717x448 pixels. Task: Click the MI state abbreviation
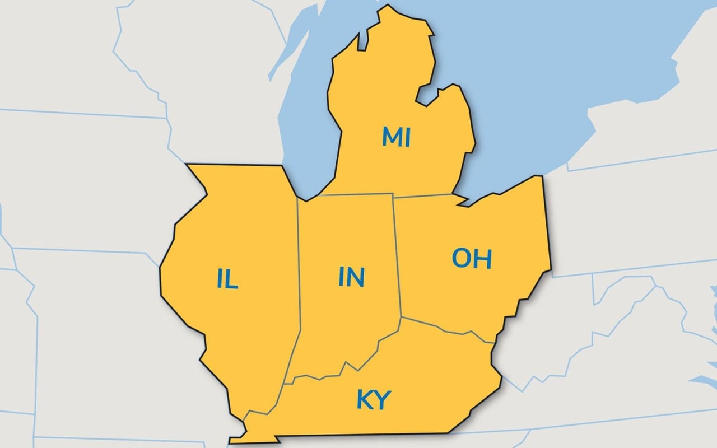(x=396, y=137)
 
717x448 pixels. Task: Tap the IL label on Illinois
(x=227, y=279)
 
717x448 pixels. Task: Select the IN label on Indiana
(x=352, y=277)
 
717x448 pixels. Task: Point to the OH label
(x=472, y=258)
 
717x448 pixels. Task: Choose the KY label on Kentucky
(x=374, y=400)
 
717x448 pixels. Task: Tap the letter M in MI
(x=391, y=137)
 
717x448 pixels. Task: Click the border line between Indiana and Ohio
(x=397, y=258)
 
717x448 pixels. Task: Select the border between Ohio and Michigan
(x=426, y=196)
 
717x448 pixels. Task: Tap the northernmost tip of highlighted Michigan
(x=386, y=7)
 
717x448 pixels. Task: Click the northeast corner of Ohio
(x=541, y=178)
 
